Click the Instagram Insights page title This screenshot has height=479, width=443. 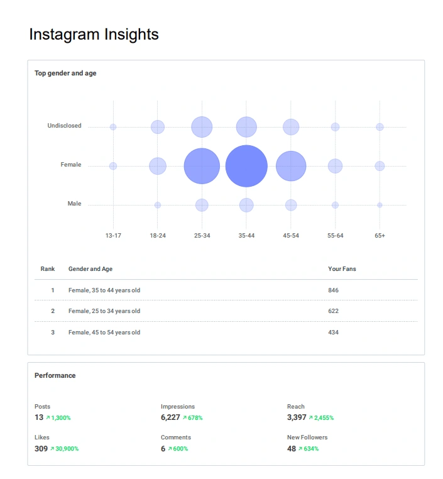click(x=94, y=35)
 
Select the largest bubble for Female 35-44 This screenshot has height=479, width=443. click(x=246, y=166)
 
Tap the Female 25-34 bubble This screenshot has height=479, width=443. click(x=202, y=166)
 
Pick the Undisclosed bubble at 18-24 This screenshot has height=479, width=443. click(x=158, y=127)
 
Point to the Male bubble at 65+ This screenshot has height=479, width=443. click(x=380, y=205)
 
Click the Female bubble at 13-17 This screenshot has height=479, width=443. click(x=113, y=166)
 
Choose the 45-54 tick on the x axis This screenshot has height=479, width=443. click(x=291, y=235)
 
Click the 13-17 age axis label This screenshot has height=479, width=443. click(x=113, y=235)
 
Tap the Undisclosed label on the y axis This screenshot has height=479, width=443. click(x=64, y=126)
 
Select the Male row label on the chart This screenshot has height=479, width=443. click(x=74, y=204)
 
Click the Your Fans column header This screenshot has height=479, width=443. click(x=342, y=269)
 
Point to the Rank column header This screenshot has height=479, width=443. click(x=48, y=269)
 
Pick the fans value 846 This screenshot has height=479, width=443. click(x=333, y=290)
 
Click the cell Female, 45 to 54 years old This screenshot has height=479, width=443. click(x=104, y=333)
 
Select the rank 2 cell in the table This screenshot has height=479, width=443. click(x=53, y=311)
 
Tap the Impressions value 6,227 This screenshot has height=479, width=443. click(x=170, y=417)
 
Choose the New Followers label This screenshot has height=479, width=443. click(x=307, y=438)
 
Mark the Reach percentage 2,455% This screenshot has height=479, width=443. click(x=321, y=417)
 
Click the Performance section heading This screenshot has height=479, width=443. click(x=55, y=375)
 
